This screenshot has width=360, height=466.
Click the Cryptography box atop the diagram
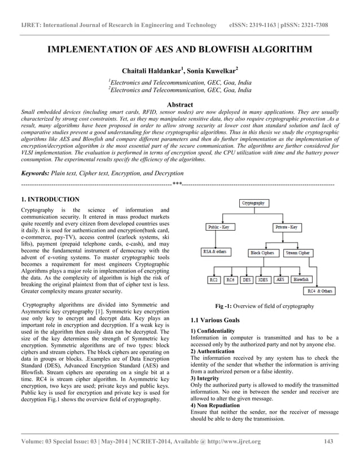pyautogui.click(x=254, y=203)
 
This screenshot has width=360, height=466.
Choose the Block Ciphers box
pyautogui.click(x=263, y=253)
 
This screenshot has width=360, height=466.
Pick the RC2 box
pyautogui.click(x=213, y=279)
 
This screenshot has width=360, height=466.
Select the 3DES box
pyautogui.click(x=262, y=279)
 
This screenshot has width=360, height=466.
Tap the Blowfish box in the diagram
pyautogui.click(x=301, y=279)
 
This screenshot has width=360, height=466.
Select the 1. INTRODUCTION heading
pyautogui.click(x=50, y=200)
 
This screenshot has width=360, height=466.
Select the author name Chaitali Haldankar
pyautogui.click(x=150, y=71)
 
